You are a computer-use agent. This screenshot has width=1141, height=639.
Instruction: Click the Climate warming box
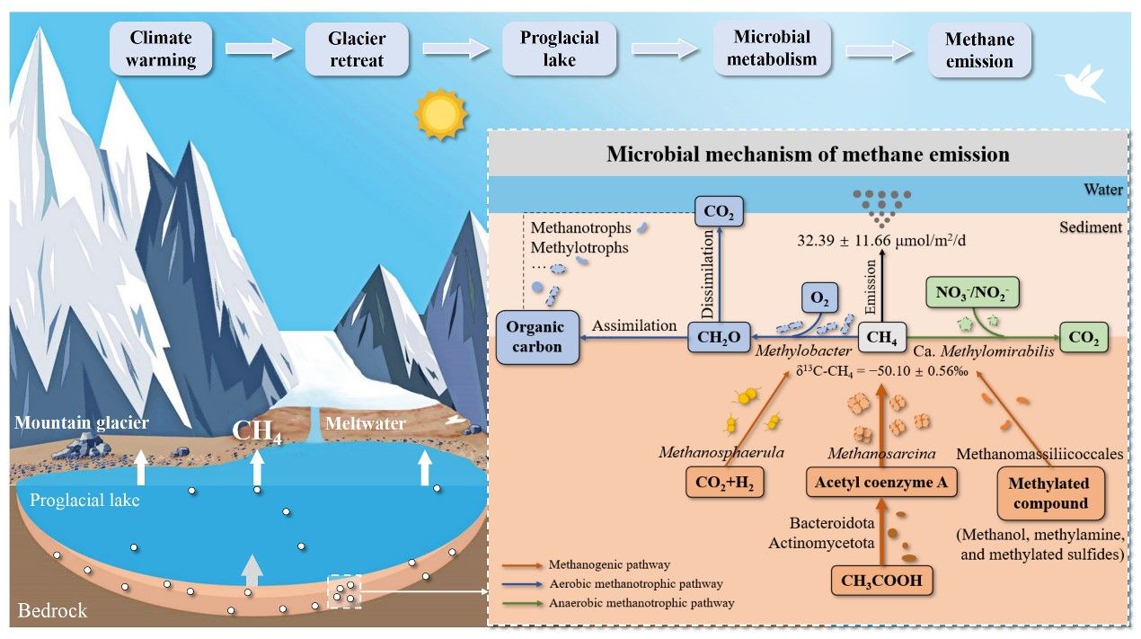pos(163,49)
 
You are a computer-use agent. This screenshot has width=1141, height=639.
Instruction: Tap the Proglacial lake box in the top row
pos(559,49)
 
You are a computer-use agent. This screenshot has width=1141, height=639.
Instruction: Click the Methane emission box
pos(979,50)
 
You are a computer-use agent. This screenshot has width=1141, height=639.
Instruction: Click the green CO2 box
pos(1083,338)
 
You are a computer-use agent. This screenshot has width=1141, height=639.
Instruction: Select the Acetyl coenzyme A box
pos(880,484)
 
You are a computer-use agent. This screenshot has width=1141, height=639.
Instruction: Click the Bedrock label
pos(52,611)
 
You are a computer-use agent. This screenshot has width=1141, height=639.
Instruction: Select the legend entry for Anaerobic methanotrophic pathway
pos(641,602)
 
